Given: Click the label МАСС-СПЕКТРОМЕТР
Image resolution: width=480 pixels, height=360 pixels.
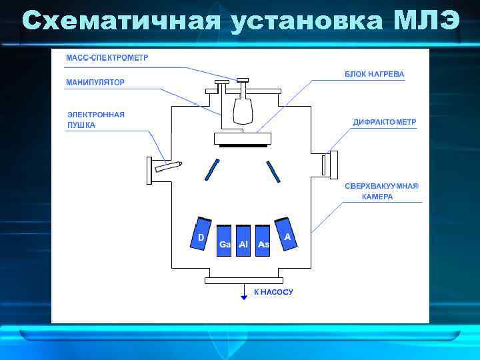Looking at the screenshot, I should [x=107, y=57].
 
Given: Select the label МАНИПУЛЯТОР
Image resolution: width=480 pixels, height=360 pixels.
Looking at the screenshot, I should [x=95, y=83].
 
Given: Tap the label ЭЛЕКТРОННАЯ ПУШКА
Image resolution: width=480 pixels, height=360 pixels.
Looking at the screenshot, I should [x=96, y=120].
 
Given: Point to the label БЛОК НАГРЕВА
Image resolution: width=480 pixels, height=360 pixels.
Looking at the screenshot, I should [x=374, y=74].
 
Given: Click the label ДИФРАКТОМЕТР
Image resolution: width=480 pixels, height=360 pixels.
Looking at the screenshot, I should [x=385, y=123].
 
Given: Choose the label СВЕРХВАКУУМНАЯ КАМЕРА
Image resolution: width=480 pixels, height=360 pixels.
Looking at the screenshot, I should [x=381, y=191].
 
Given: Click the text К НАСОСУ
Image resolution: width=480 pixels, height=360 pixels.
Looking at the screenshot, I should [x=273, y=292].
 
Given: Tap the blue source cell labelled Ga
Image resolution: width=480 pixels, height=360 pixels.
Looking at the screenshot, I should [x=225, y=239].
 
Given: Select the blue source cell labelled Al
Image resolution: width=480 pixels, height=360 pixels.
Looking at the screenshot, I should [x=243, y=239].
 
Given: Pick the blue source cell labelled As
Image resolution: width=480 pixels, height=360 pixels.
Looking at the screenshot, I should [x=263, y=239].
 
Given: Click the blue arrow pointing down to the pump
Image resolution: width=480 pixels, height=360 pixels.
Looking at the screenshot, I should [x=244, y=293].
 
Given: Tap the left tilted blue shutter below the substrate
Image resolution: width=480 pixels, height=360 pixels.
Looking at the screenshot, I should [x=212, y=169].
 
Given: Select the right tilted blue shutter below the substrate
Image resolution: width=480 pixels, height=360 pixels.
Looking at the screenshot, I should [x=273, y=171].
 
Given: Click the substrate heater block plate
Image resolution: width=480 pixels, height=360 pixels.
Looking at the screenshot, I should [x=243, y=138].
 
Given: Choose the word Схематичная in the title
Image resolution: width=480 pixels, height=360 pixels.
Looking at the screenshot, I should [x=120, y=21].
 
